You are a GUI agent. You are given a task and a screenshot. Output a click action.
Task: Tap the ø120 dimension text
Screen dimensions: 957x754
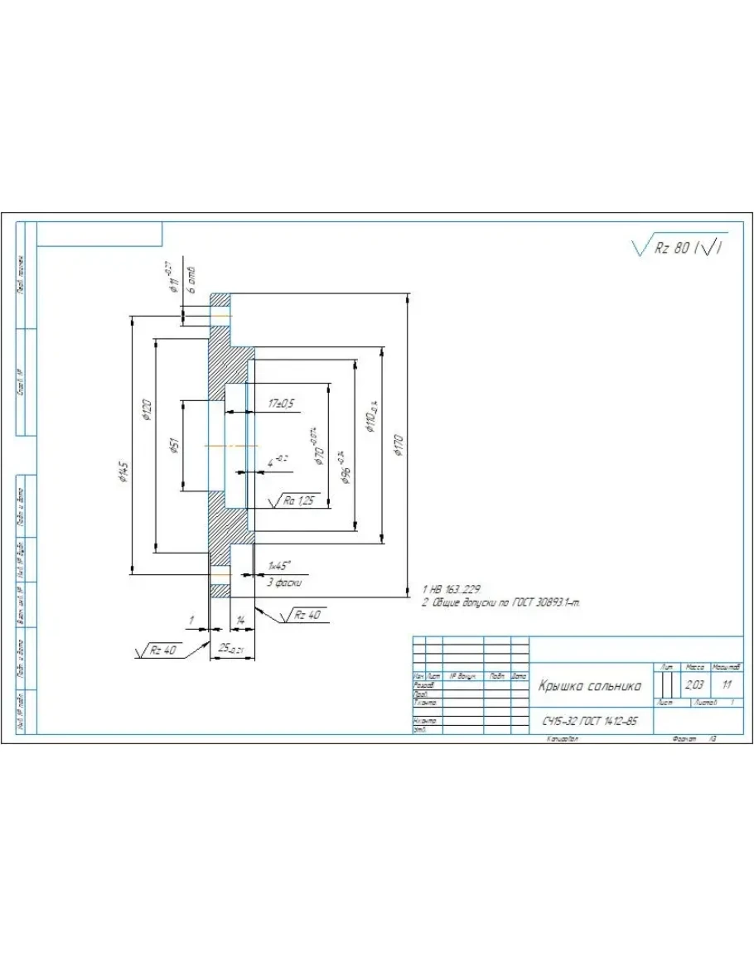click(x=147, y=410)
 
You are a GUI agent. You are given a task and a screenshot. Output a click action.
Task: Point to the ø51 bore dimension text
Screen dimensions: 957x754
click(x=174, y=447)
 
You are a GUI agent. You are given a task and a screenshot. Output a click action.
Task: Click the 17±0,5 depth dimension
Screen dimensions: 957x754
click(x=282, y=404)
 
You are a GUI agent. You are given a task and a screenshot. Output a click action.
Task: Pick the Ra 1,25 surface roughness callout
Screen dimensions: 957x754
click(x=299, y=500)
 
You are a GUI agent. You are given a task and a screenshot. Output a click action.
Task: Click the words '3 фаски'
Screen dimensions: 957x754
click(x=283, y=582)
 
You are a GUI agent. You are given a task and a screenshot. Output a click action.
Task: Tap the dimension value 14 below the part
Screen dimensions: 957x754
click(x=241, y=620)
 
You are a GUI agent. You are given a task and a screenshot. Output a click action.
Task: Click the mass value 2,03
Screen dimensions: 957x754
click(x=694, y=686)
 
